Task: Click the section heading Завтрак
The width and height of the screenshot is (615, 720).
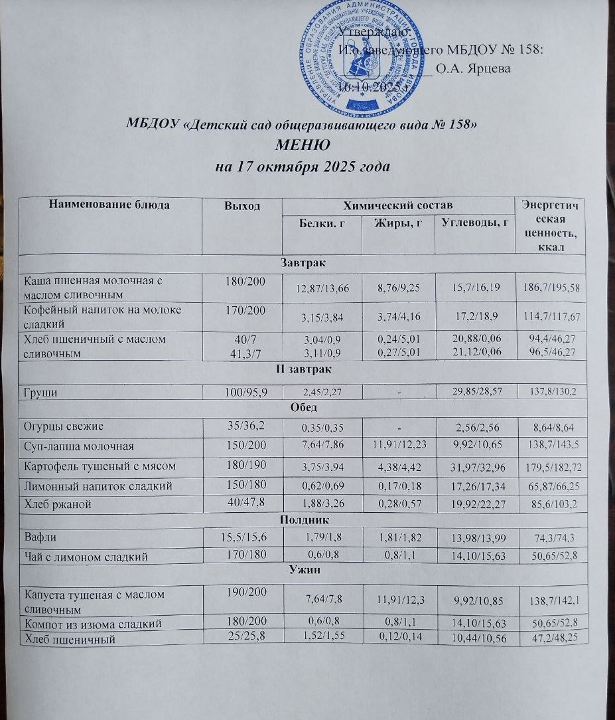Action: [304, 264]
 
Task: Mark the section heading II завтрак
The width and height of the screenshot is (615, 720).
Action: [304, 369]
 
